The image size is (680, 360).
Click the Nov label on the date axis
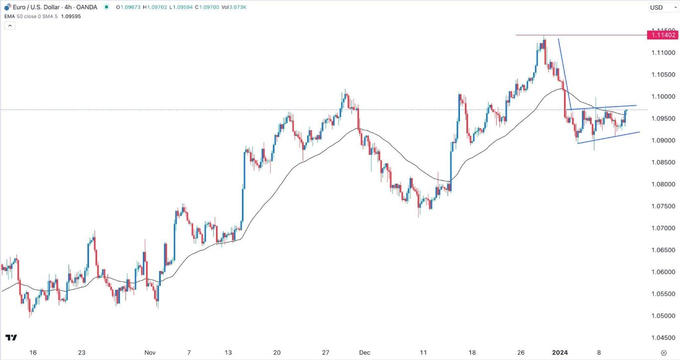click(x=150, y=353)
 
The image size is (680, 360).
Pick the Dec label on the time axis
click(x=365, y=353)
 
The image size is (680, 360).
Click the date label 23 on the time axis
click(x=81, y=353)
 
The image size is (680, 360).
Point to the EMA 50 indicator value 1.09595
click(x=71, y=16)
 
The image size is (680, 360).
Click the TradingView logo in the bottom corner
click(x=11, y=338)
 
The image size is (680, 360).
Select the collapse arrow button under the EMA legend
click(x=10, y=25)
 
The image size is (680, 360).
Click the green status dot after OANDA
click(x=106, y=7)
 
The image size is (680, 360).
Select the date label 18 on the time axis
click(x=472, y=353)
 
